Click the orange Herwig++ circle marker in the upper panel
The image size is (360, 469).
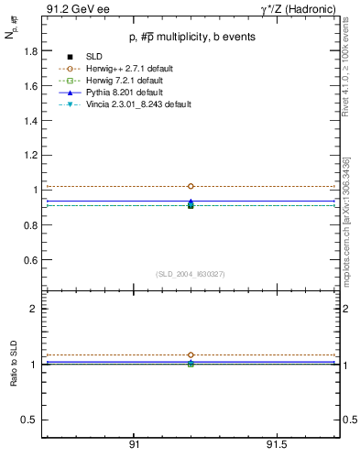click(x=191, y=186)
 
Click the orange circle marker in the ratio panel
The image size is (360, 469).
click(x=191, y=354)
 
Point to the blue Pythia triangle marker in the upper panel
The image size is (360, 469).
click(x=191, y=202)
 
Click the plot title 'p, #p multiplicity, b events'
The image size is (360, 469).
click(x=191, y=38)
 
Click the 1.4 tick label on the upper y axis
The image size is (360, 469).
click(x=30, y=121)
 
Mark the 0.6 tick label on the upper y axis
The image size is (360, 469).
click(x=30, y=260)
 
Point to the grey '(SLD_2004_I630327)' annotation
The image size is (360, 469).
click(x=191, y=273)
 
